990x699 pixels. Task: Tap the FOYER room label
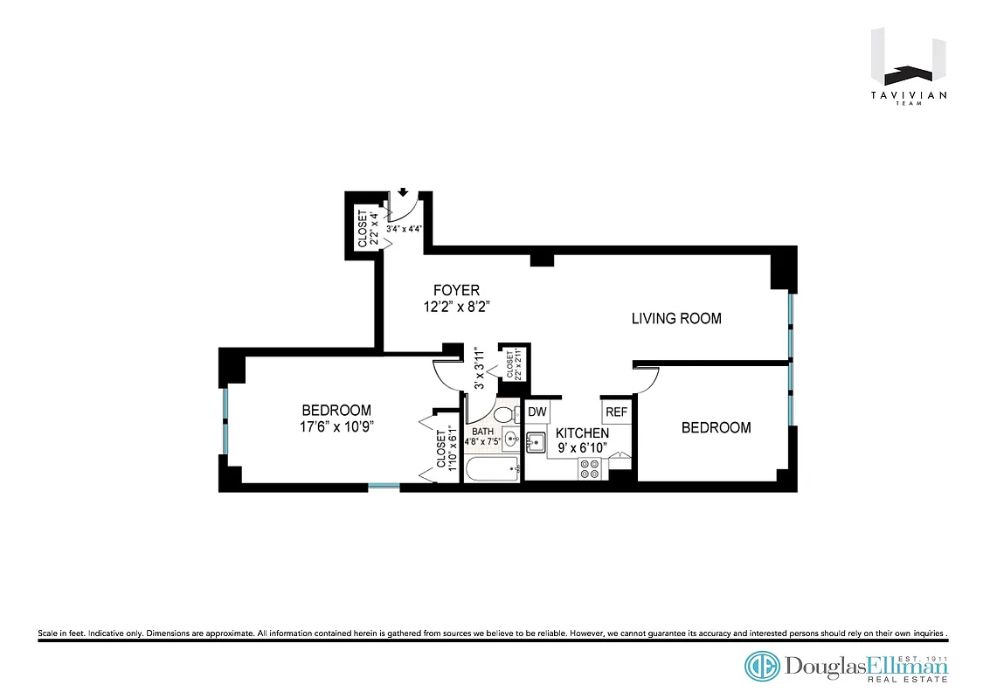click(x=456, y=290)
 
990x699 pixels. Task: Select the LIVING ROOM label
click(x=676, y=319)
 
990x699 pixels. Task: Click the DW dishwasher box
click(x=537, y=412)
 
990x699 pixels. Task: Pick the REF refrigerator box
click(x=616, y=412)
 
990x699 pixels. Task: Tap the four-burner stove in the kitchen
click(x=589, y=470)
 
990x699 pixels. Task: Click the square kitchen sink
click(x=536, y=441)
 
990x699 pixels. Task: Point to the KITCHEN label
click(x=582, y=433)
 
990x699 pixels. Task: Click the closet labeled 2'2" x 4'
click(x=367, y=228)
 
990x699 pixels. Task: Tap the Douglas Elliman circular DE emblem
click(x=762, y=666)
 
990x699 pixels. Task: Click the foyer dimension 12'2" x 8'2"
click(x=455, y=307)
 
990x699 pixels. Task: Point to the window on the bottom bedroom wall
click(x=384, y=486)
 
